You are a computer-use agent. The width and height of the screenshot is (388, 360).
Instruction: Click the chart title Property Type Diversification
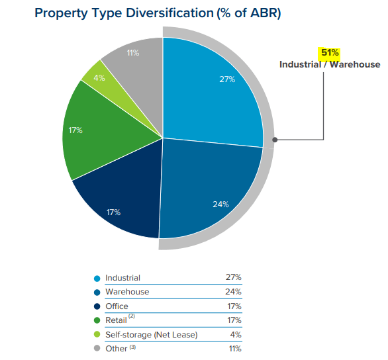158,13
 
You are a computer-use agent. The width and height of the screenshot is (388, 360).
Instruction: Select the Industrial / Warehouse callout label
330,64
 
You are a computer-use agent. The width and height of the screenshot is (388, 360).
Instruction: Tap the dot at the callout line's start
275,140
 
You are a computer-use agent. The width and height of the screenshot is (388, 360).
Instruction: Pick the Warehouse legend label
127,292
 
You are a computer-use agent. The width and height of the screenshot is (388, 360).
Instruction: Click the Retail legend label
117,320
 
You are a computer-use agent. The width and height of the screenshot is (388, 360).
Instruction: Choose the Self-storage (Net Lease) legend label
151,335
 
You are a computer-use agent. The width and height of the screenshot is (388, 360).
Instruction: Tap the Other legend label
116,349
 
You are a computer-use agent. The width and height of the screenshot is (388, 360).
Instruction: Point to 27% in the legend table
233,278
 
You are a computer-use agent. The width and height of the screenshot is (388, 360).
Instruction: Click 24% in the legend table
233,292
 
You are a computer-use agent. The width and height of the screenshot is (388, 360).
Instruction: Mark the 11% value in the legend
234,349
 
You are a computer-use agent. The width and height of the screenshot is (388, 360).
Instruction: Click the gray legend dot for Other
97,349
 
